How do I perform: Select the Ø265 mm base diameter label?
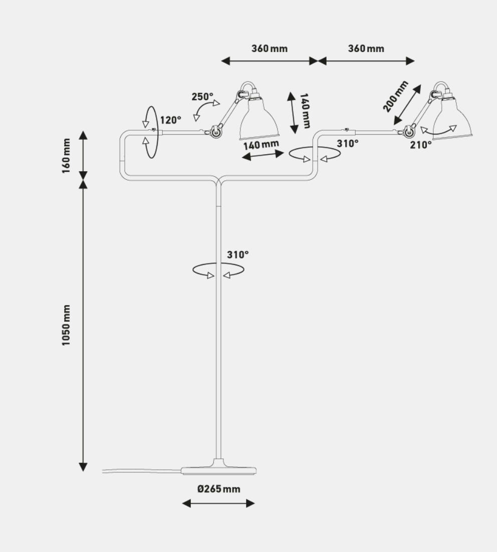click(x=219, y=489)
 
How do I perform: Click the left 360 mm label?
click(x=270, y=49)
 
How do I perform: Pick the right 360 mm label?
click(x=366, y=49)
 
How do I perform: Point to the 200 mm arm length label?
click(x=396, y=96)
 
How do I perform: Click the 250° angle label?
click(x=202, y=97)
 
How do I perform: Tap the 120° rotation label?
click(x=171, y=120)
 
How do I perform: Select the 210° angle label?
click(x=421, y=145)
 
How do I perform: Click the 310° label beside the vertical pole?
click(x=237, y=254)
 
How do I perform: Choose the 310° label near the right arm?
click(x=347, y=144)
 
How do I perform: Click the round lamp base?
click(x=219, y=469)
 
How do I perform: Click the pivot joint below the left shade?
click(x=216, y=131)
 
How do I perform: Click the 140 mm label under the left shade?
click(x=261, y=146)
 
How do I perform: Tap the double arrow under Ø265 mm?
click(x=218, y=503)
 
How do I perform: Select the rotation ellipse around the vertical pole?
click(x=218, y=270)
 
